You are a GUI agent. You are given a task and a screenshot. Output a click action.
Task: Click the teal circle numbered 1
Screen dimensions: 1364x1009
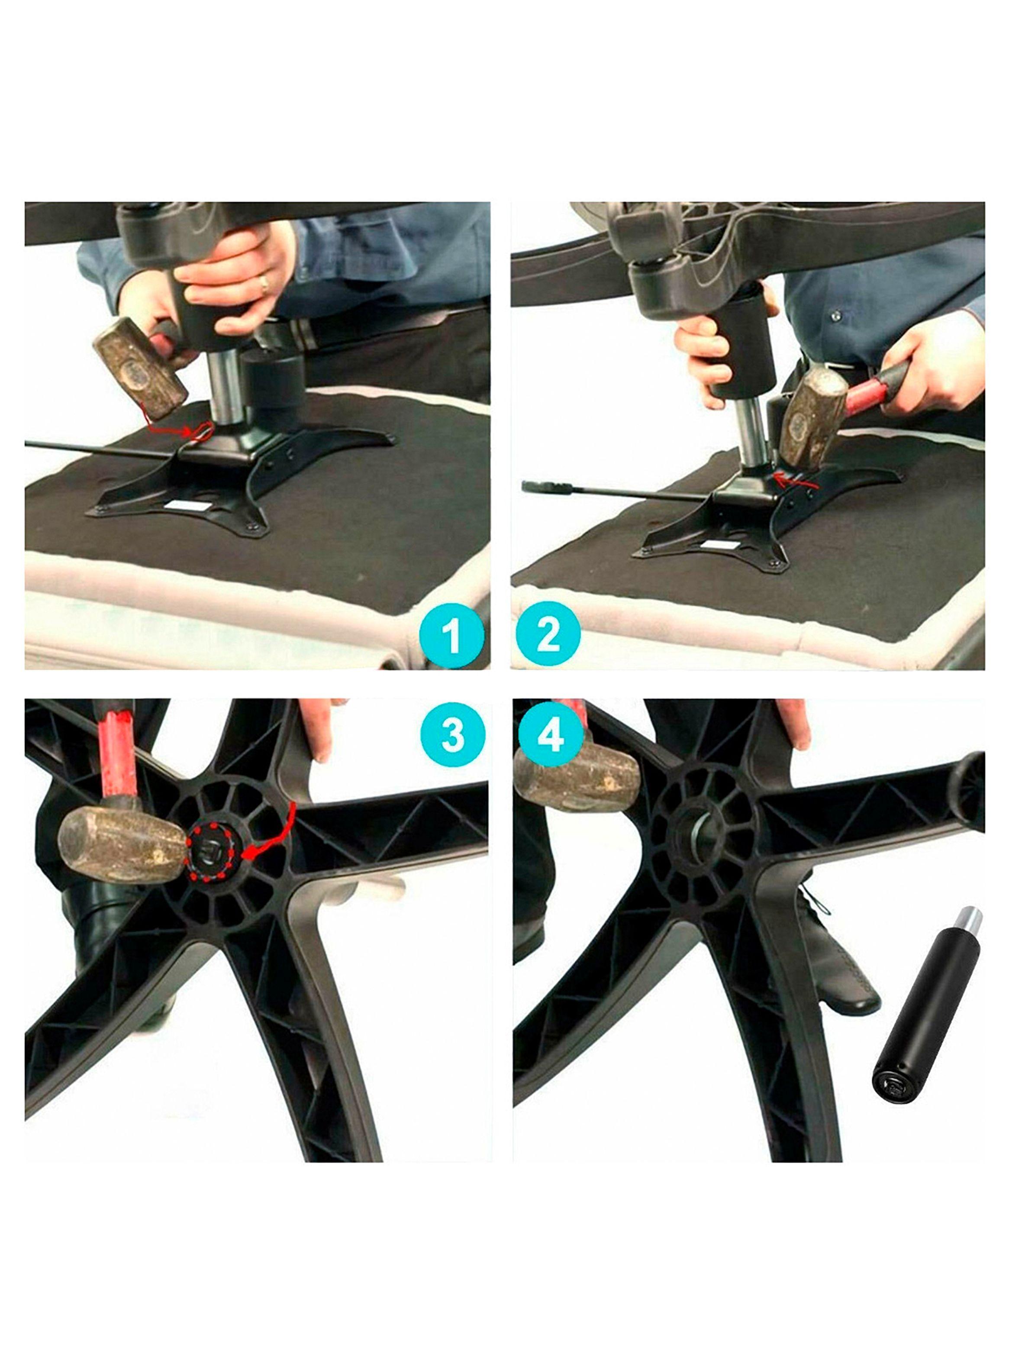451,635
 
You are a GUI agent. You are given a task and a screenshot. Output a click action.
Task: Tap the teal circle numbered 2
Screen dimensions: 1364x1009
548,635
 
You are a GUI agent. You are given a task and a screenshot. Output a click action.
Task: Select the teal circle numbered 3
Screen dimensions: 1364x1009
453,735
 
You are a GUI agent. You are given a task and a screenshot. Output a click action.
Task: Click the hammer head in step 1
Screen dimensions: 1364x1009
140,367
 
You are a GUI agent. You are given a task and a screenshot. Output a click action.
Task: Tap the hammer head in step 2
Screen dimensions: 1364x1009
810,418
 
